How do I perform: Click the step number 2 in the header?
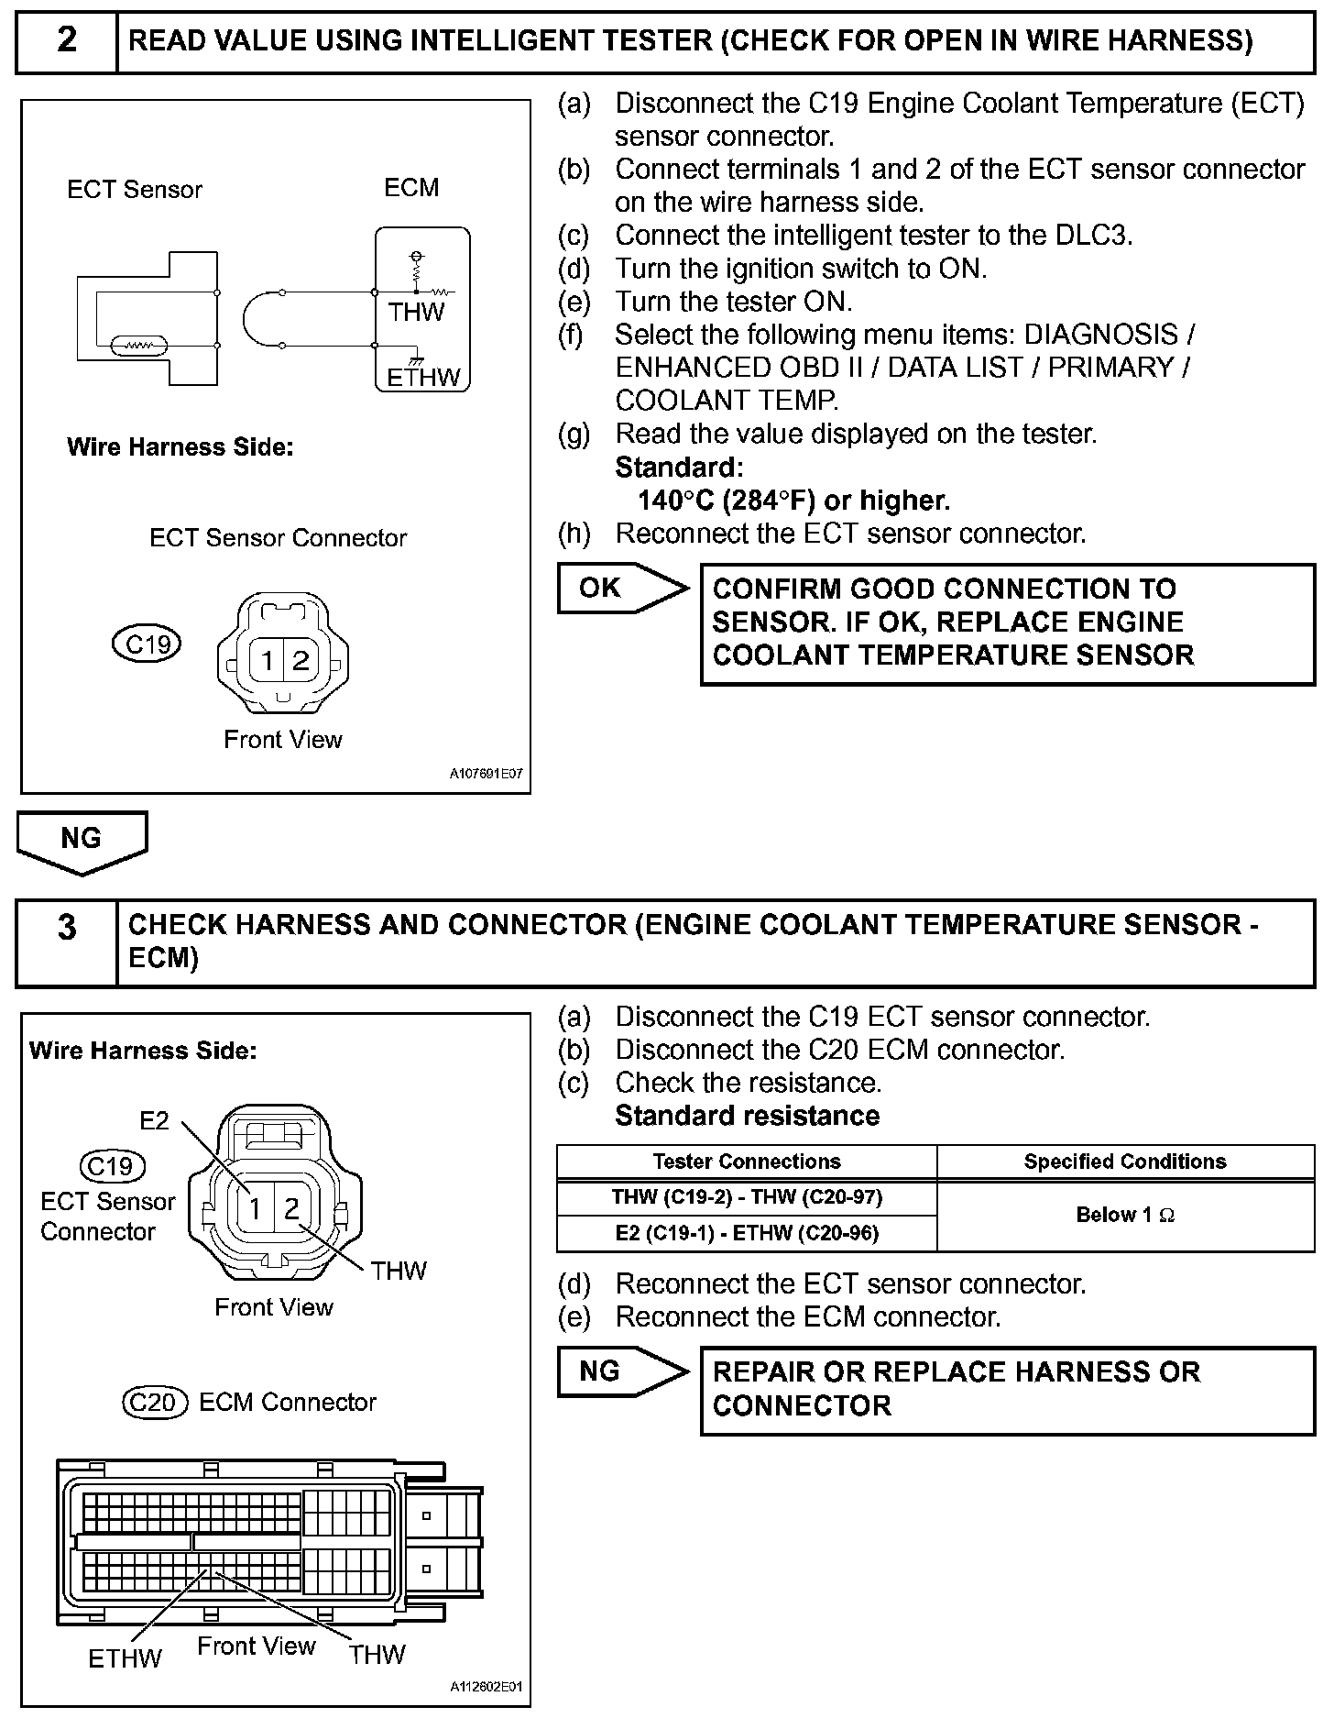pos(67,41)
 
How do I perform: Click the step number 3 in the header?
pos(67,928)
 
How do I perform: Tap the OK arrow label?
pos(601,588)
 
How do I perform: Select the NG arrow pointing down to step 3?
pos(81,839)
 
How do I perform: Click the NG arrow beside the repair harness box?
pos(601,1371)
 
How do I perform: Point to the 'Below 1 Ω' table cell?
pos(1125,1216)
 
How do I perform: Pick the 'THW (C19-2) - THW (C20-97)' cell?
pos(747,1197)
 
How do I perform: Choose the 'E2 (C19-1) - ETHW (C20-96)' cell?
pos(747,1234)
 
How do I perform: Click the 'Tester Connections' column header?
pos(747,1162)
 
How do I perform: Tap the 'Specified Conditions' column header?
pos(1125,1162)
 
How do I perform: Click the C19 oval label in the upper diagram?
pos(147,644)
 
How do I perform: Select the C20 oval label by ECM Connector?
pos(154,1402)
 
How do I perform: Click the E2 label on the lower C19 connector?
pos(154,1120)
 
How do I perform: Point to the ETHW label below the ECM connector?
pos(125,1657)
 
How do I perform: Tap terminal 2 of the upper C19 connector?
pos(301,660)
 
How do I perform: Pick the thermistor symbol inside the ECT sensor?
pos(138,347)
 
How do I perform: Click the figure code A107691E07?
pos(486,774)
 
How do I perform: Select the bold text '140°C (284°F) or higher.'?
pos(793,501)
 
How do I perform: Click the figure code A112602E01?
pos(486,1687)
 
